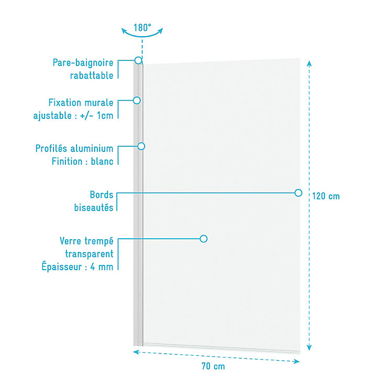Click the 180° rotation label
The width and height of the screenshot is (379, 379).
[x=142, y=28]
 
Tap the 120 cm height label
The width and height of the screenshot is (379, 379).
[x=326, y=196]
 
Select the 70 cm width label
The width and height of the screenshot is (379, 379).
[x=213, y=366]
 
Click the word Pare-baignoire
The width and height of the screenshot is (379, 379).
[x=83, y=63]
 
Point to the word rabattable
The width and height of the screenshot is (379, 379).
[x=92, y=75]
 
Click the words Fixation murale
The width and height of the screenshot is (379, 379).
[x=81, y=103]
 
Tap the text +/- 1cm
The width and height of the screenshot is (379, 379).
[x=96, y=116]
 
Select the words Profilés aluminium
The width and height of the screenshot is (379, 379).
[x=74, y=149]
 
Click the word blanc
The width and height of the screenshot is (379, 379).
[x=102, y=161]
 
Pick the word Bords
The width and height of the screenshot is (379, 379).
[x=102, y=195]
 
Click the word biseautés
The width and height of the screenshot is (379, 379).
[x=94, y=208]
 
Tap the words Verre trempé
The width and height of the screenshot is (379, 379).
[x=86, y=241]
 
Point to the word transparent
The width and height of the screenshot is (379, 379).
[x=89, y=254]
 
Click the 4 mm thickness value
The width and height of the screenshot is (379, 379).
[x=102, y=267]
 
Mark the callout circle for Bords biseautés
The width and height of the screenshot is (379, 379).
[x=298, y=193]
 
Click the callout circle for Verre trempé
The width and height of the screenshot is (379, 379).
[x=204, y=239]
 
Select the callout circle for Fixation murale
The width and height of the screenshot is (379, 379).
[x=137, y=101]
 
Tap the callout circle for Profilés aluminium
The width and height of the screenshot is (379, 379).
[x=141, y=146]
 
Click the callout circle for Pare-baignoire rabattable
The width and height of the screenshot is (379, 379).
[x=138, y=60]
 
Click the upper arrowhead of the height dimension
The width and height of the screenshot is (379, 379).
[x=309, y=63]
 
